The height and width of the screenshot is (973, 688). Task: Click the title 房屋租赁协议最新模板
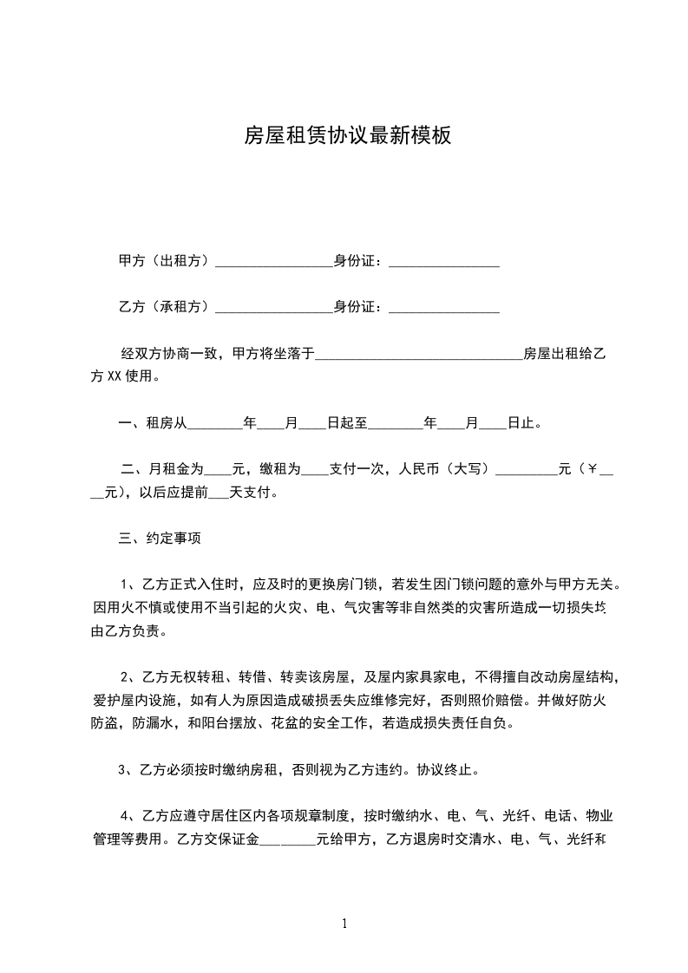(347, 135)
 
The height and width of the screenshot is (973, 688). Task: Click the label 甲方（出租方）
(165, 261)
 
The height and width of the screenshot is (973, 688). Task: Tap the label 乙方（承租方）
(165, 307)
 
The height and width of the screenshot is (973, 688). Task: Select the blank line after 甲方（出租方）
(273, 263)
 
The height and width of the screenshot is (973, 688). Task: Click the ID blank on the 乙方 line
(444, 309)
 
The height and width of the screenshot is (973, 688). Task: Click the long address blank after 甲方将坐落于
(418, 356)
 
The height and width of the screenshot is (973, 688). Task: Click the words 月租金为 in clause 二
(176, 470)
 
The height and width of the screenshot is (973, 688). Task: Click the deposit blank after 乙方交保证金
(287, 840)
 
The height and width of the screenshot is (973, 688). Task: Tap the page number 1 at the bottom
(344, 924)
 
